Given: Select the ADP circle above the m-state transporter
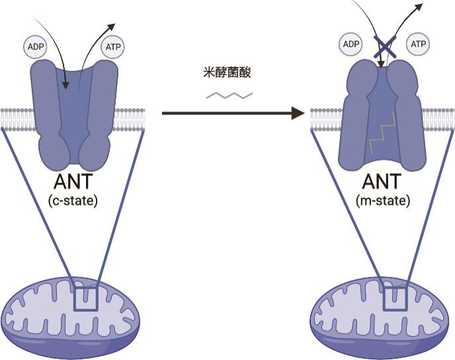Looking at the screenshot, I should click(351, 44).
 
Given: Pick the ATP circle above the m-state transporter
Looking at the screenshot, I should click(419, 44).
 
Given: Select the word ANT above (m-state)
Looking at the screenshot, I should click(381, 182).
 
